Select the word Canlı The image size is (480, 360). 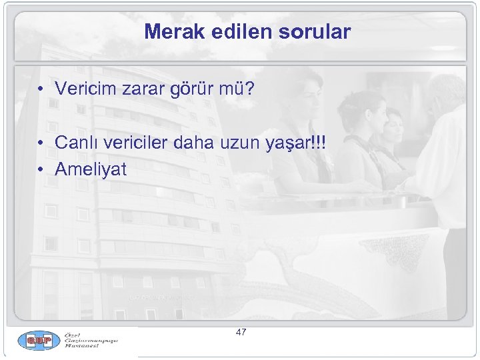(77, 143)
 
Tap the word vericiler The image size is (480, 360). (138, 143)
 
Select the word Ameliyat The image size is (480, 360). (91, 170)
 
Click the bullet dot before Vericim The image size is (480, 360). (41, 89)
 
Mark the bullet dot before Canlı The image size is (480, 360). (41, 143)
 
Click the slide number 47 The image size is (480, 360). (241, 331)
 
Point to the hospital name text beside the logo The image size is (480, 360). (91, 341)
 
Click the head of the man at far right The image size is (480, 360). (445, 93)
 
